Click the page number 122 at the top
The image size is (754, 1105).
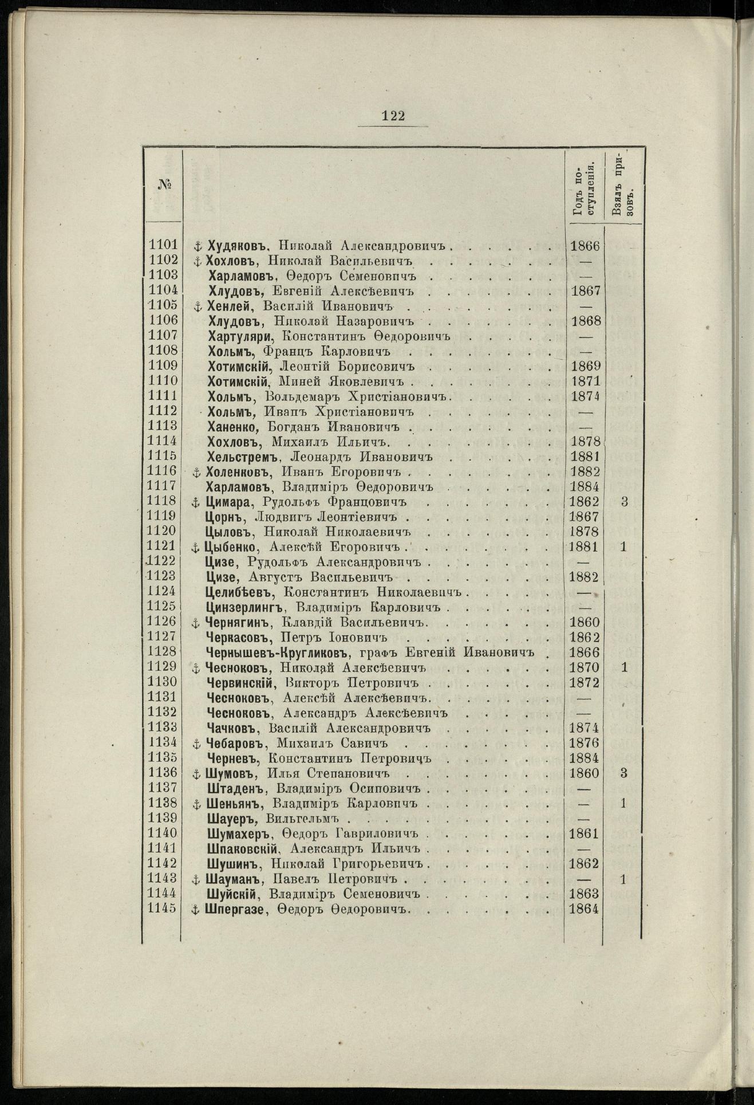(x=393, y=116)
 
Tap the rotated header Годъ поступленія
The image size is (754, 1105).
(x=583, y=187)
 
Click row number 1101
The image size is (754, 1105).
(x=163, y=245)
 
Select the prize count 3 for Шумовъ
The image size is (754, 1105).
(x=623, y=773)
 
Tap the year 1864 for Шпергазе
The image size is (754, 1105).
(x=585, y=909)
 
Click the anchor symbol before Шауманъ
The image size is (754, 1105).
(x=195, y=879)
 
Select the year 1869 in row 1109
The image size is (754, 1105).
(x=585, y=366)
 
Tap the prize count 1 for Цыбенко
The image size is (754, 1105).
(x=623, y=546)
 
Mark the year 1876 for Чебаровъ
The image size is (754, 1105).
(x=585, y=743)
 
